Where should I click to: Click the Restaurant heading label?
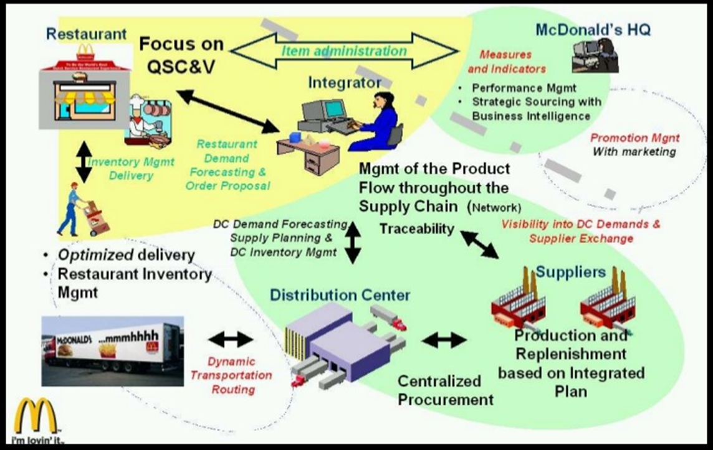coord(86,34)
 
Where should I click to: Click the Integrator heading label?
coord(345,82)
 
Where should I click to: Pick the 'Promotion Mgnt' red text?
coord(635,138)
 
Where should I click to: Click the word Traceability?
coord(417,228)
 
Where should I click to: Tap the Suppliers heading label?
coord(570,272)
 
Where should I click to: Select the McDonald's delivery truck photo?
coord(112,350)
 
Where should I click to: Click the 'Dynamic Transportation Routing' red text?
coord(231,375)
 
